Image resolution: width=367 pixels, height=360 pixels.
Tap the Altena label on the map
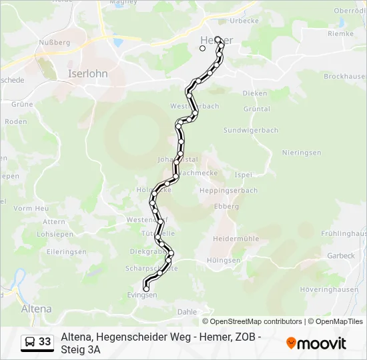coord(37,309)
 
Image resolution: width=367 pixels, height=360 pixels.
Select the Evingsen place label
coord(141,295)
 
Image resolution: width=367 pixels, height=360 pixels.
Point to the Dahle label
coord(188,311)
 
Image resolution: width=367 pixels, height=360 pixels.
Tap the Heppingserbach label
coord(228,190)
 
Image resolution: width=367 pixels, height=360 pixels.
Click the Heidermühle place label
coord(235,238)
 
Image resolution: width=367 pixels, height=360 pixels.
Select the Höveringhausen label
coord(329,289)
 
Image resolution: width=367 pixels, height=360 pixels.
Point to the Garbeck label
coord(341,255)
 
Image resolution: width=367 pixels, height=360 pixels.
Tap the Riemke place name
coord(341,33)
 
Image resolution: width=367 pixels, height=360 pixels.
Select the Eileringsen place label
coord(67,251)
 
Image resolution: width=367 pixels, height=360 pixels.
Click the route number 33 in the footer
coord(45,342)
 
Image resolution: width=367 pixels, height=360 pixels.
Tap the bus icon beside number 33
coord(30,342)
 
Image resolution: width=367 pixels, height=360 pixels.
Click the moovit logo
coord(316,343)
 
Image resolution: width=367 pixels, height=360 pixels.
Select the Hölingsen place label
coord(224,260)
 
